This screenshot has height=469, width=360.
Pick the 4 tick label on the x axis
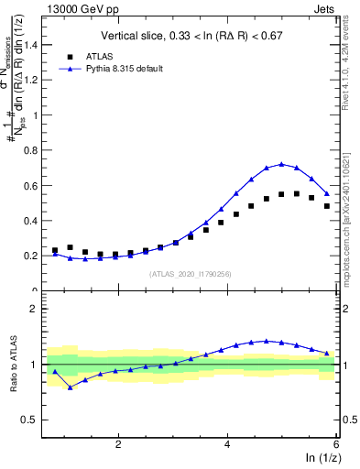(x=227, y=444)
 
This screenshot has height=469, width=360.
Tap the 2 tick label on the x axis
(x=118, y=444)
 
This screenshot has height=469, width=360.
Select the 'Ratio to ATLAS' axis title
(x=13, y=364)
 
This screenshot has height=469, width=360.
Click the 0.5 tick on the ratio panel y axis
(x=35, y=420)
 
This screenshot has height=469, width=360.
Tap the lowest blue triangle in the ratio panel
(x=70, y=387)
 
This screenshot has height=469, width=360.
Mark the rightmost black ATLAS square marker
(x=327, y=206)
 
